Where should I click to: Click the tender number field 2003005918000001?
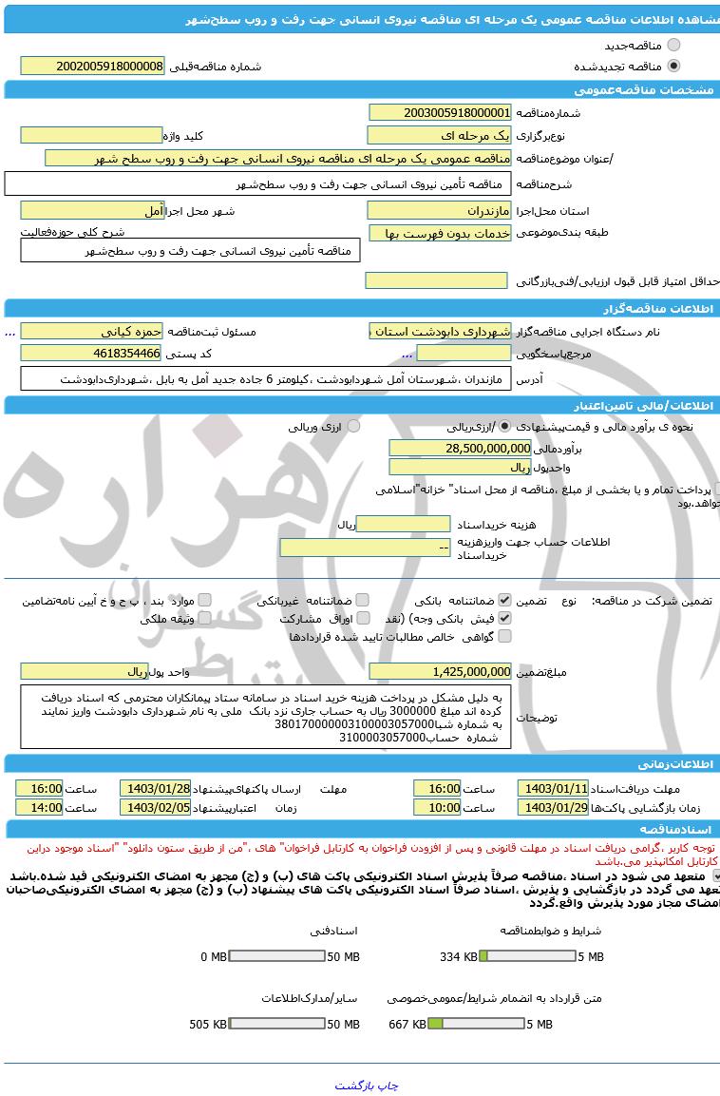pos(440,112)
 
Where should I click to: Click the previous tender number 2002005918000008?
pos(92,66)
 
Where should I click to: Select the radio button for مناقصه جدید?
pos(673,45)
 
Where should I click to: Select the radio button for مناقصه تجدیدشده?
pos(673,66)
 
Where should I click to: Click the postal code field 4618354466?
pos(92,354)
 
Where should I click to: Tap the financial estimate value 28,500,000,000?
pos(460,448)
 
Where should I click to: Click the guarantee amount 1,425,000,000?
pos(440,671)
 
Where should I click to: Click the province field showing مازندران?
pos(440,210)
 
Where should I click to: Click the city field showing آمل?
pos(92,210)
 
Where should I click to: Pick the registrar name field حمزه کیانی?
pos(92,331)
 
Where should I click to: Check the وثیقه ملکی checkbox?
pos(205,618)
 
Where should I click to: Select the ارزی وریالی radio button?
pos(353,427)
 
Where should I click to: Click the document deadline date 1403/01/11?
pos(554,789)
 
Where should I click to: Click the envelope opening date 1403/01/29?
pos(554,807)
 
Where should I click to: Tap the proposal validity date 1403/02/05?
pos(155,807)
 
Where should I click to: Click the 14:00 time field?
pos(40,807)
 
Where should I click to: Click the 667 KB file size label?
pos(407,1024)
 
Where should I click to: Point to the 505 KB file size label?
pos(208,1024)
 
